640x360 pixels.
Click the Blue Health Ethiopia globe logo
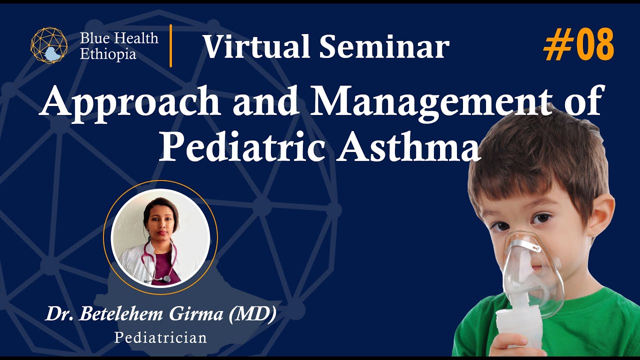coord(48,45)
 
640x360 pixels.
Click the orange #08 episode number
coord(578,45)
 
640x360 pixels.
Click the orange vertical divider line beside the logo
coord(171,45)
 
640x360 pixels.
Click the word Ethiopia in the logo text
coord(108,54)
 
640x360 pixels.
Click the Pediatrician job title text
coord(160,337)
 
